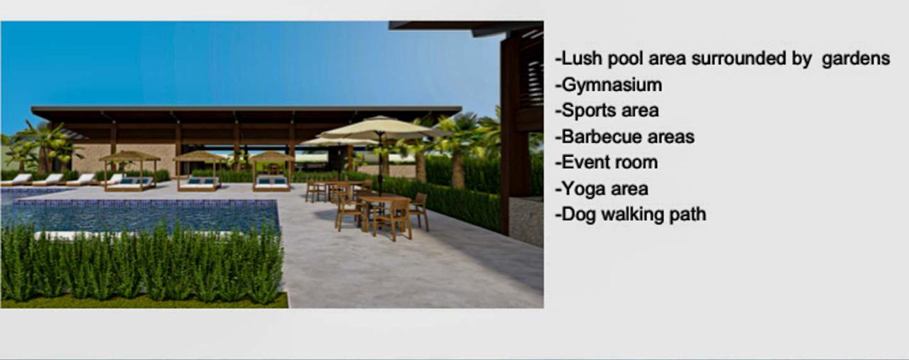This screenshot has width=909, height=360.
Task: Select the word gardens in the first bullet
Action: [x=856, y=59]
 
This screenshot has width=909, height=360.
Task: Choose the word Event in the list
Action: [x=584, y=163]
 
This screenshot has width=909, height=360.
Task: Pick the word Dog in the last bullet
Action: [x=579, y=215]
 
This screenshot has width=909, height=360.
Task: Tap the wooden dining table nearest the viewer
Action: [x=384, y=200]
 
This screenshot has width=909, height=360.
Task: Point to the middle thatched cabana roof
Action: [x=200, y=156]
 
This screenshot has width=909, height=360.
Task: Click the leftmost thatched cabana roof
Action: [x=130, y=156]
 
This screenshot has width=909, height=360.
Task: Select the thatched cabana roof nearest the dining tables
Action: [x=271, y=157]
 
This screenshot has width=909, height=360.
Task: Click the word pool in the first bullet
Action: [x=626, y=59]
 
